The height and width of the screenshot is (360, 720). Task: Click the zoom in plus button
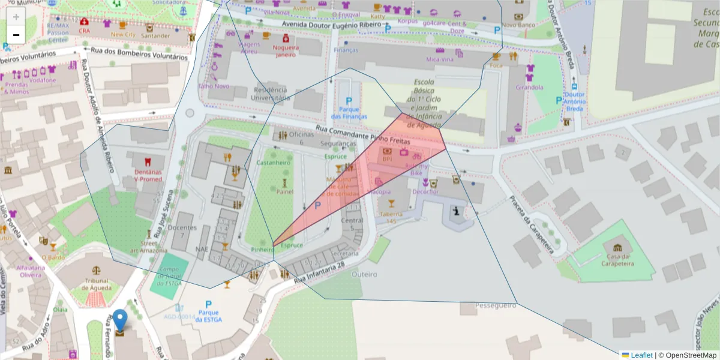tap(16, 16)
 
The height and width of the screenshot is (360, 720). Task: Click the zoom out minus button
tap(16, 35)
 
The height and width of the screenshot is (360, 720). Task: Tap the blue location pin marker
tap(121, 321)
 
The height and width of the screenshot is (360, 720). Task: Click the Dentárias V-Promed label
tap(148, 175)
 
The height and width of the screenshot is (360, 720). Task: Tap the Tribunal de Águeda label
tap(96, 284)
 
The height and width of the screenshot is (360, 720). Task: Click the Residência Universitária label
tap(270, 93)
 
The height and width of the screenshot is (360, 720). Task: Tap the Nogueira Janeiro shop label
tap(285, 50)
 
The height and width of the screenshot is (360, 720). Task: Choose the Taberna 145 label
tap(391, 217)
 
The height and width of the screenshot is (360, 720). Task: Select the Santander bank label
tap(155, 35)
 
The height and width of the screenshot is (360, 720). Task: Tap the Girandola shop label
tap(529, 87)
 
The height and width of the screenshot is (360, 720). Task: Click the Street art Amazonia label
tap(149, 247)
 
